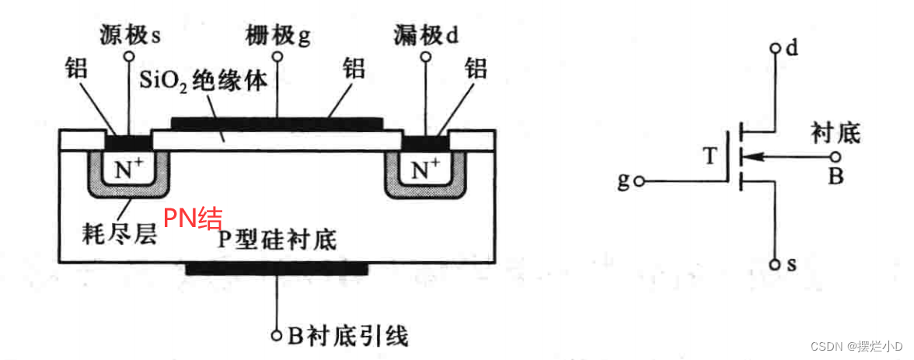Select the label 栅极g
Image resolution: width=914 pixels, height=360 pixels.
[x=277, y=35]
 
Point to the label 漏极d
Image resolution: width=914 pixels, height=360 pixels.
[x=427, y=34]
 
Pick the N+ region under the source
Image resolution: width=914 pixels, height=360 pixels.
[x=128, y=168]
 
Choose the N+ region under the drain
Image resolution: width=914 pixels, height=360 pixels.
[x=425, y=168]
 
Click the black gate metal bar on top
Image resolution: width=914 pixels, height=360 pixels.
[x=277, y=123]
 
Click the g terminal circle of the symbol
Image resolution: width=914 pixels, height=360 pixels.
[x=639, y=182]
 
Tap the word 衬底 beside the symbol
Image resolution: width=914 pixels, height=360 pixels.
[x=835, y=132]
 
